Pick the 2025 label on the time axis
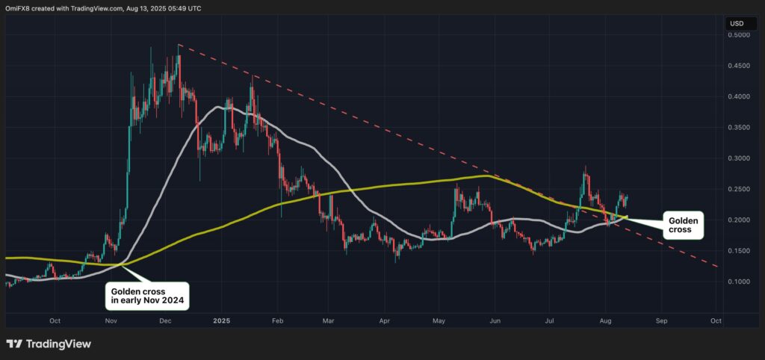point(221,320)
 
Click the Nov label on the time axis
point(111,320)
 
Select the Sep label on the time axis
point(660,320)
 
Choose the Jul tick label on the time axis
point(551,320)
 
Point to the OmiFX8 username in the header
point(19,8)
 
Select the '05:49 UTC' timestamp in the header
point(184,8)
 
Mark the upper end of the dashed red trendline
point(179,45)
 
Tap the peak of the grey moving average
point(221,107)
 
